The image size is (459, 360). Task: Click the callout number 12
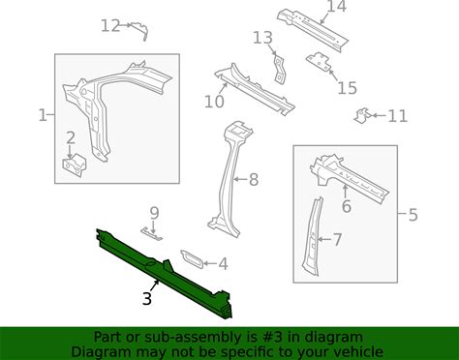[x=110, y=25]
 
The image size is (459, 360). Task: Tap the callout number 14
[x=337, y=7]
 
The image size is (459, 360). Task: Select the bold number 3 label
[x=147, y=299]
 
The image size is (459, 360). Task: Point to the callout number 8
[x=254, y=179]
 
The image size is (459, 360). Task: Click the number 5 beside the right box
[x=413, y=215]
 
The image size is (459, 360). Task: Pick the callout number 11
[x=397, y=116]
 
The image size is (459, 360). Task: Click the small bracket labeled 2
[x=75, y=165]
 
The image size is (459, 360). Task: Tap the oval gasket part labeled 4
[x=192, y=258]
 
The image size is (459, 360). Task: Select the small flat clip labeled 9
[x=151, y=234]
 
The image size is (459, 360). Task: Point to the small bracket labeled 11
[x=362, y=115]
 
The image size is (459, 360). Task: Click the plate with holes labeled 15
[x=319, y=61]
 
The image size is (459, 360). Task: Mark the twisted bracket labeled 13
[x=279, y=70]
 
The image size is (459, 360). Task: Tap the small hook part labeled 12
[x=140, y=30]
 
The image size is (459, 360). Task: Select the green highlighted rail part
[x=165, y=273]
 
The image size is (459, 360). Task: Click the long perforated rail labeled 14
[x=313, y=31]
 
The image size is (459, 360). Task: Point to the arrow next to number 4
[x=210, y=263]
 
